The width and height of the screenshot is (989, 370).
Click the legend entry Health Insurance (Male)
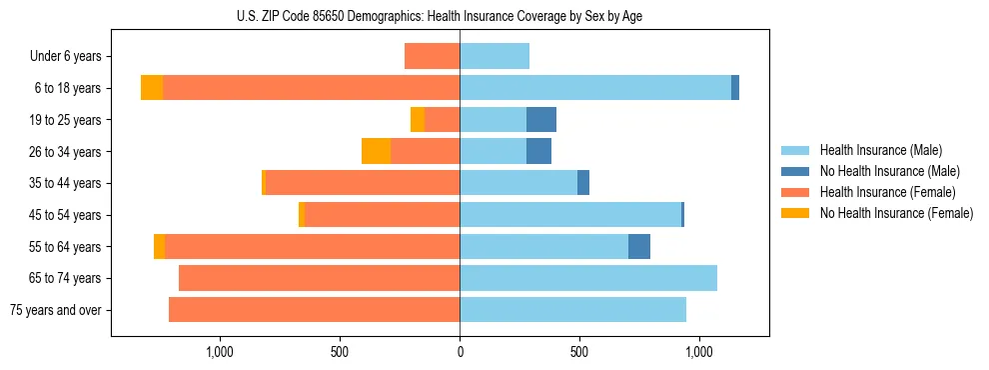pos(880,150)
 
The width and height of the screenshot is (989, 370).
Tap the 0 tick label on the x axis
pos(460,352)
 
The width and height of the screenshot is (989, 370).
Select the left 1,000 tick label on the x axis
pos(220,352)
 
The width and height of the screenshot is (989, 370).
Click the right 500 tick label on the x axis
pos(579,352)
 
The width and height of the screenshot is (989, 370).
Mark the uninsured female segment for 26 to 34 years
pos(376,151)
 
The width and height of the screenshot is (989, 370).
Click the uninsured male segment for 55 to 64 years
pos(639,246)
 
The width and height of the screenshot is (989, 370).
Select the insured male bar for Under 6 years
pos(494,56)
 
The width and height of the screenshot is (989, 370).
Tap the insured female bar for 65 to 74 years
pos(319,278)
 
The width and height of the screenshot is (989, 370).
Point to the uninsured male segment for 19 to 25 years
pos(541,119)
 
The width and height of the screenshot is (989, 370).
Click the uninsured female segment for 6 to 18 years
pos(152,88)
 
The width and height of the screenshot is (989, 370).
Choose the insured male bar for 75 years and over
pos(572,310)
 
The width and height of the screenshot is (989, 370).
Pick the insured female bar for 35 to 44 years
pos(363,183)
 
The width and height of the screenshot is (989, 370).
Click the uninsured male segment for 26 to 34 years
pos(538,151)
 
